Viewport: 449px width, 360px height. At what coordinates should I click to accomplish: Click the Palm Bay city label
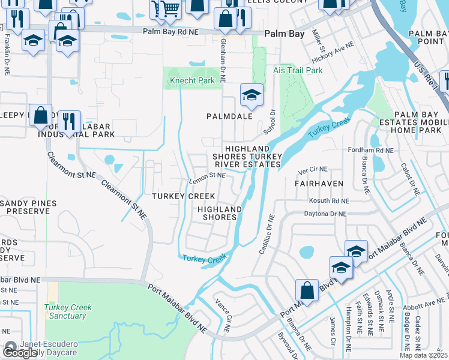[289, 34]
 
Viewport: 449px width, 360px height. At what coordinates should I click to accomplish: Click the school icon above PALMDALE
[252, 94]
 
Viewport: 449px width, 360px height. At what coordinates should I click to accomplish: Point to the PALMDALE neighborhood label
[229, 116]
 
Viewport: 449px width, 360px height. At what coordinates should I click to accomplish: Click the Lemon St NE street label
[207, 176]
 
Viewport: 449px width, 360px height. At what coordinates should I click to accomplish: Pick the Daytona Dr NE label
[326, 214]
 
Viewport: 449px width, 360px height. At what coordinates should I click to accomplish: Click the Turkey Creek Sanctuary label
[68, 311]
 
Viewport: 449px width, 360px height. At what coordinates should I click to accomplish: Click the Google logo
[20, 352]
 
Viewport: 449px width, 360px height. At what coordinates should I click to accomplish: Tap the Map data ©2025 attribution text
[423, 355]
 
